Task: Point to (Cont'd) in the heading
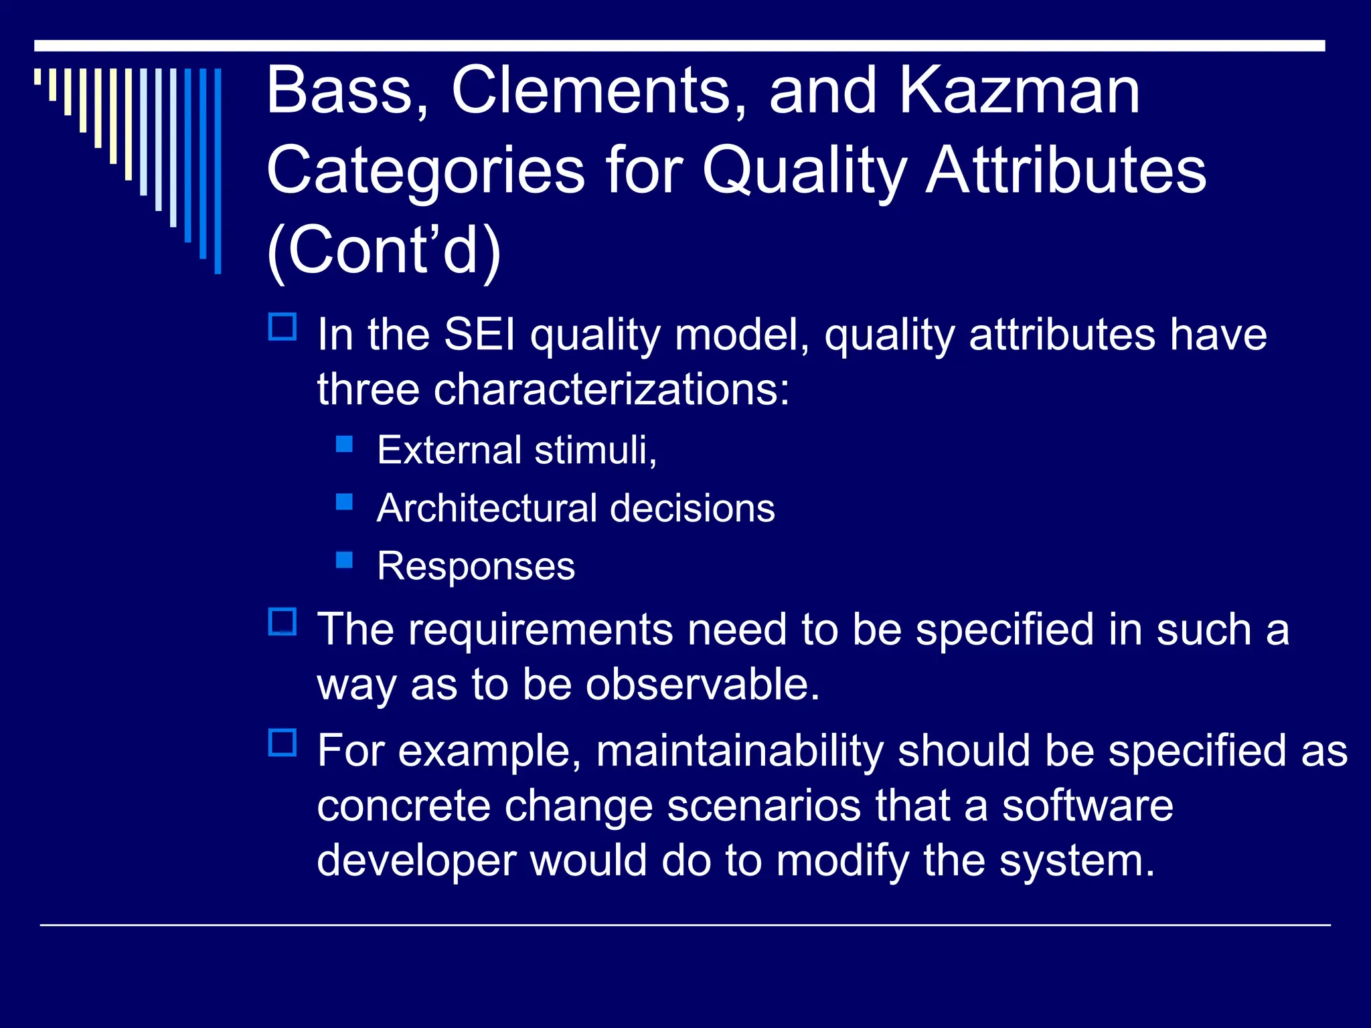pos(384,251)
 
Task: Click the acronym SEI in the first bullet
pos(479,334)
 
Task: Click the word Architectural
pos(486,508)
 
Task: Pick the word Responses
pos(475,566)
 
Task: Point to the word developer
pos(416,861)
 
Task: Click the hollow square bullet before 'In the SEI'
pos(283,327)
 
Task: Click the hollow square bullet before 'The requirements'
pos(283,622)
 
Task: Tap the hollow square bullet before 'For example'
pos(283,743)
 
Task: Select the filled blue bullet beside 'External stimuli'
pos(344,444)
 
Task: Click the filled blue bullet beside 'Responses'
pos(344,560)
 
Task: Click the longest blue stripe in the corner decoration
pos(218,171)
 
